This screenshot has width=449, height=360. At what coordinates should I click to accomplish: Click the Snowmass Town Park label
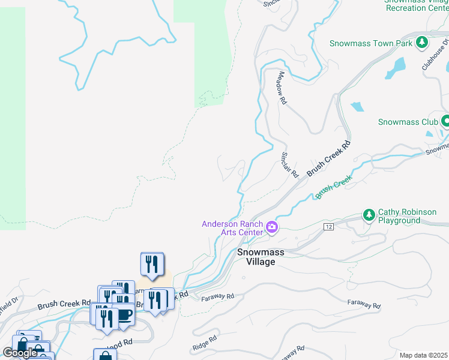tap(371, 43)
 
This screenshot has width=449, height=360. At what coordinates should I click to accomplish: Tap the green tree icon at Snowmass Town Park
tap(422, 43)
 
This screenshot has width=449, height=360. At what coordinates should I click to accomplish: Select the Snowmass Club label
tap(408, 122)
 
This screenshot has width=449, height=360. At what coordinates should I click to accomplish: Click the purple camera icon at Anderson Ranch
tap(272, 227)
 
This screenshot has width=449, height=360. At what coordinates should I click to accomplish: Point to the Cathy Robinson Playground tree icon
tap(369, 214)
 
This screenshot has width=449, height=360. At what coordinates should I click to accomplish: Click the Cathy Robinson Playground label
tap(399, 217)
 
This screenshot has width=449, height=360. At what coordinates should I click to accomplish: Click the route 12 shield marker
tap(328, 227)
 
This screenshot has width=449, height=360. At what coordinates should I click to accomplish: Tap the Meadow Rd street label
tap(280, 89)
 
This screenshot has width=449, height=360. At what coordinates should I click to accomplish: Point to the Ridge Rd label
tap(203, 347)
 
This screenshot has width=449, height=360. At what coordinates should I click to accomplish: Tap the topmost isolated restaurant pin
tap(152, 264)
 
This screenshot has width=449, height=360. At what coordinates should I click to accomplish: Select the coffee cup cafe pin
tap(124, 315)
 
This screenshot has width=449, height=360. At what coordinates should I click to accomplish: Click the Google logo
tap(20, 352)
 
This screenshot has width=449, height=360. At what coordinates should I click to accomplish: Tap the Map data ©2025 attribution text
tap(424, 355)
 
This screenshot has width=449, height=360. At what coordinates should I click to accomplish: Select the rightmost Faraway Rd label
tap(364, 305)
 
